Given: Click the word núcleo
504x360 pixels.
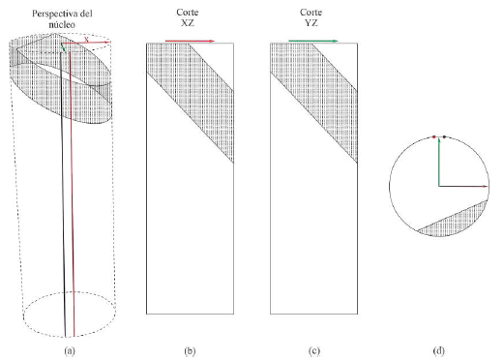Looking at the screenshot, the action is (62, 24).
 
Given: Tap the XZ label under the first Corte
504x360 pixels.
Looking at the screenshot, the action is (188, 23).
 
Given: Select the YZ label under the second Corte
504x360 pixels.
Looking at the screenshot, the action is (311, 23).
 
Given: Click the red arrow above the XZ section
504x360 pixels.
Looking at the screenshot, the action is (190, 41).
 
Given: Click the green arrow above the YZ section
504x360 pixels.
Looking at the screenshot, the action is (313, 41).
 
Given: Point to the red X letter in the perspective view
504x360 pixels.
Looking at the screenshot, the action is (86, 40).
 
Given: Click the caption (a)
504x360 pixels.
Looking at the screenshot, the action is (70, 350).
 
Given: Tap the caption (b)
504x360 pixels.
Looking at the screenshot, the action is (190, 350).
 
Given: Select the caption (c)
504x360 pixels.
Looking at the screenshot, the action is (314, 350).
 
